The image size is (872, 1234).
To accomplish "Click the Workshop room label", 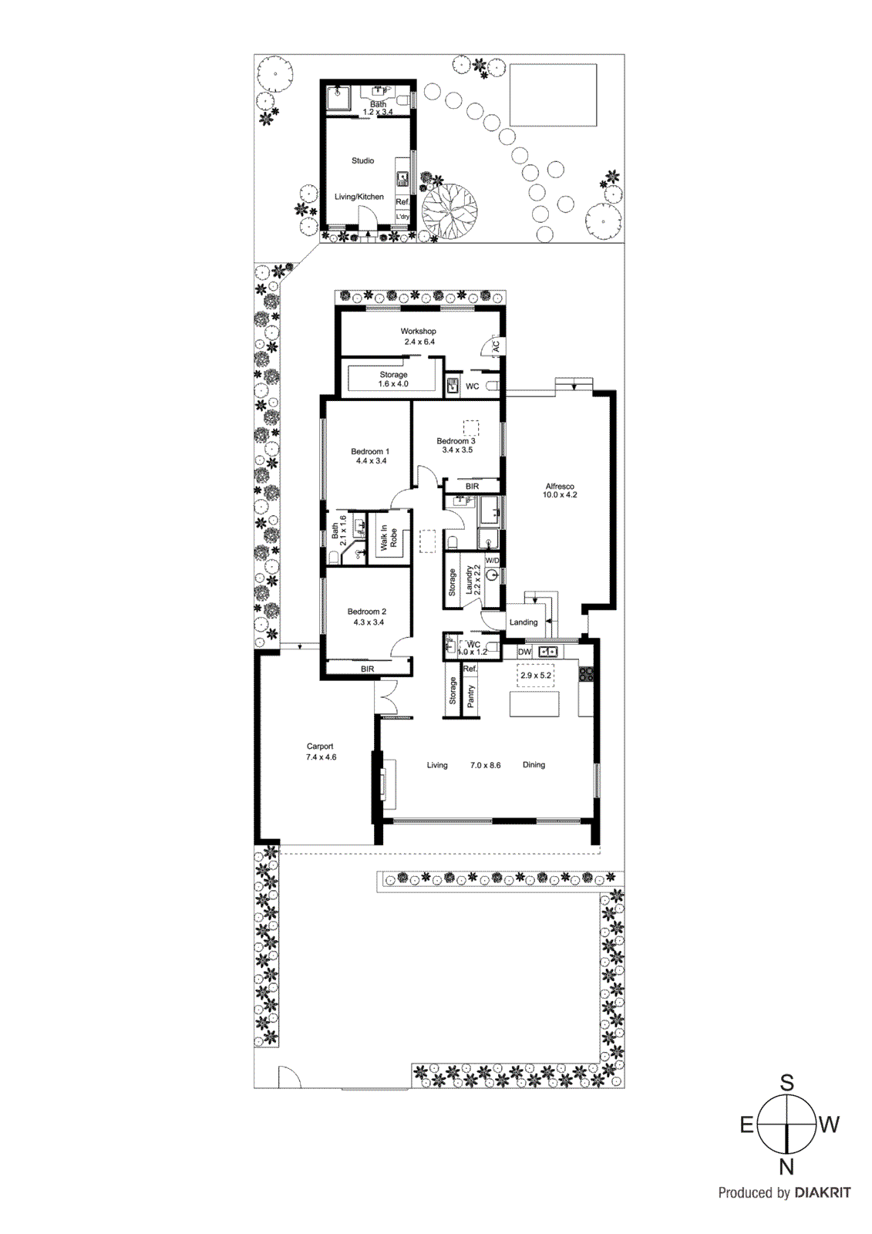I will pos(418,332).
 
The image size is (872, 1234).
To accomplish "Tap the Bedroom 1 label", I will pos(370,452).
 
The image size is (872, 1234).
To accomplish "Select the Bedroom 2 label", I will pos(367,612).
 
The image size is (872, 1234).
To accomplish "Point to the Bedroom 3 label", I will pos(456,441).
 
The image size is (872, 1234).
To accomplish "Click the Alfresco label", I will pos(560,487).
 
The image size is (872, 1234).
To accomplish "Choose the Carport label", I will pos(320,747).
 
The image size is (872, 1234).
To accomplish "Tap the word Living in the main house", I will pos(437,765).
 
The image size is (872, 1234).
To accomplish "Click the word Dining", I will pos(534,765).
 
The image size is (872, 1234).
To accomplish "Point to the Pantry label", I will pos(470,696).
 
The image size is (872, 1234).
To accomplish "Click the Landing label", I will pos(524,622).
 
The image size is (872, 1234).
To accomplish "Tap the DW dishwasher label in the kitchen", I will pos(524,652).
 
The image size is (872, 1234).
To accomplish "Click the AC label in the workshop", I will pos(496,346).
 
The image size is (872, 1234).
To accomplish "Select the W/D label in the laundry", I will pos(492,561).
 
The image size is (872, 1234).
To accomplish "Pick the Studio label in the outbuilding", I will pos(362,161).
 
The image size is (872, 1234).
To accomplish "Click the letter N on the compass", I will pos(786,1167).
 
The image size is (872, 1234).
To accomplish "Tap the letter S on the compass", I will pos(786,1083).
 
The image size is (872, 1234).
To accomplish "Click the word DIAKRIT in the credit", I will pos(823,1193).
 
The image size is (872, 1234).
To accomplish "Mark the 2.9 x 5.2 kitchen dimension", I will pos(536,676).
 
